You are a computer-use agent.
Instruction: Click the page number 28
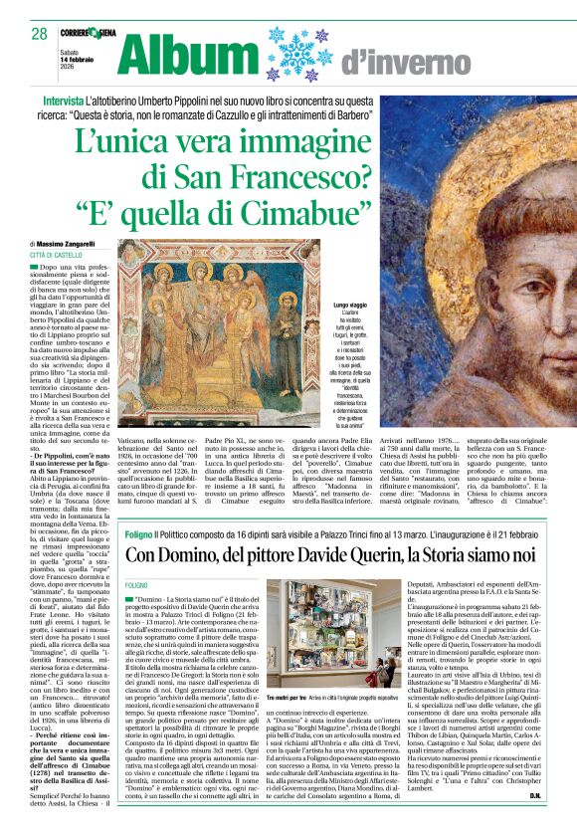pos(40,34)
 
